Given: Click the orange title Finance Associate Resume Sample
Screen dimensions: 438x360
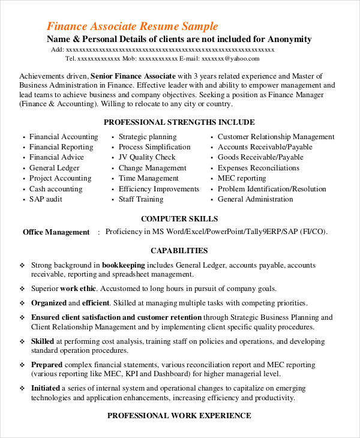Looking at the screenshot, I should coord(132,27).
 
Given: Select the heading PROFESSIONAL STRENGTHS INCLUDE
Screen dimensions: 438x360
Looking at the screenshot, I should coord(179,122).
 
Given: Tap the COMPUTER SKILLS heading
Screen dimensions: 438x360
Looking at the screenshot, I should coord(179,219).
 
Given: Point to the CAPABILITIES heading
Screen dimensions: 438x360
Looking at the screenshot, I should coord(179,251).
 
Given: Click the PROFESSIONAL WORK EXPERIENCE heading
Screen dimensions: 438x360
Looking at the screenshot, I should coord(179,415).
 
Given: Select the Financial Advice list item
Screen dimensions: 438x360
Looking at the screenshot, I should coord(56,157).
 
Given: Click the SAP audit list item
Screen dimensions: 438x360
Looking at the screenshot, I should coord(46,199).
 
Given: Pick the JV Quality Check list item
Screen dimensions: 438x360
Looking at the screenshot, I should coord(147,157).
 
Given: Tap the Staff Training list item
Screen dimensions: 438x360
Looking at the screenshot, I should coord(141,199).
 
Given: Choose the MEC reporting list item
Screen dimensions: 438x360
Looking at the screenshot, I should coord(242,178).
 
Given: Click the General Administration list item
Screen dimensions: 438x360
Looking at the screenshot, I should coord(256,199).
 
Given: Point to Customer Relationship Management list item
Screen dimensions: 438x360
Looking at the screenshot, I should coord(276,137).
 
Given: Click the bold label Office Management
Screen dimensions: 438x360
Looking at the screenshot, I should coord(56,232).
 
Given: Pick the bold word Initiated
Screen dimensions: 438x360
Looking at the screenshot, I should coord(46,388).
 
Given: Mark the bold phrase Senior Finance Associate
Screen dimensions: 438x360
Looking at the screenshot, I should coord(133,76).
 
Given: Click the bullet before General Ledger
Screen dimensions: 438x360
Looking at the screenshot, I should coord(23,169).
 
